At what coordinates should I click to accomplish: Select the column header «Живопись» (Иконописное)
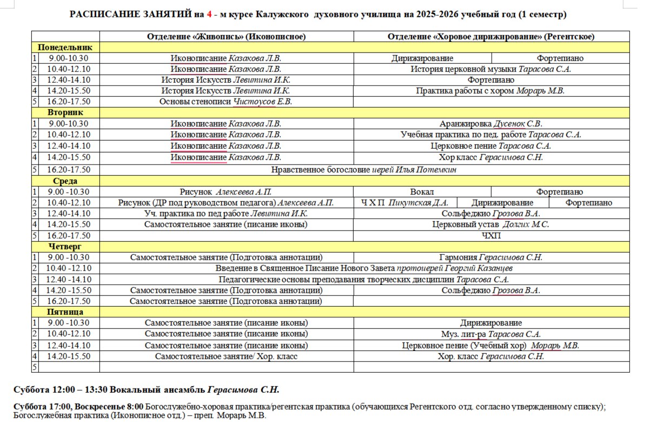coord(227,37)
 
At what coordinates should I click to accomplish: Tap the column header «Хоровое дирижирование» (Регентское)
coord(491,37)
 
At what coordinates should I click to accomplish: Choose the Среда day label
coord(65,181)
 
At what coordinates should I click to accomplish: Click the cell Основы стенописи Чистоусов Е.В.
coord(226,102)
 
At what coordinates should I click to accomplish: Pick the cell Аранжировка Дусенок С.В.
coord(491,124)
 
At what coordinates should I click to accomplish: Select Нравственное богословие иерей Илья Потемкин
coord(364,170)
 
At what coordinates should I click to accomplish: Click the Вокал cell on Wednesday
coord(422,192)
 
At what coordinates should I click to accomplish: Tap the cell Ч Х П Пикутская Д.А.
coord(405,203)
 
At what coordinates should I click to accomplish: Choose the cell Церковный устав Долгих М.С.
coord(491,225)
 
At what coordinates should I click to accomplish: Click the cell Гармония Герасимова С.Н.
coord(491,258)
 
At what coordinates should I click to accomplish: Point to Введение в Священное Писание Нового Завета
coord(364,268)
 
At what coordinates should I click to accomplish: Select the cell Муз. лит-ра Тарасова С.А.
coord(491,334)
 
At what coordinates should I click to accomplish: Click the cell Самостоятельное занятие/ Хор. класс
coord(226,357)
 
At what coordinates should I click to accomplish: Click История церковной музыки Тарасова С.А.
coord(491,69)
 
